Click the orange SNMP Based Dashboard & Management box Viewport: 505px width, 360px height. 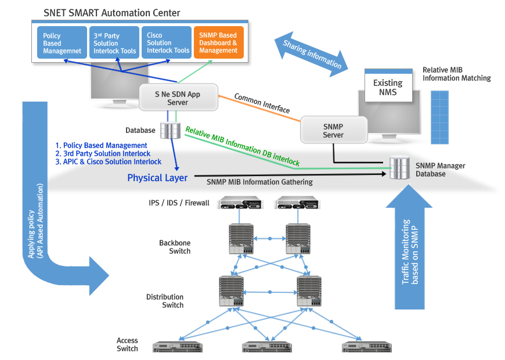pyautogui.click(x=218, y=42)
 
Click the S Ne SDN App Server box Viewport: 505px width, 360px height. pyautogui.click(x=178, y=97)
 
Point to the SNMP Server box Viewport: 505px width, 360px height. pyautogui.click(x=333, y=130)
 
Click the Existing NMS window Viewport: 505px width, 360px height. pyautogui.click(x=388, y=87)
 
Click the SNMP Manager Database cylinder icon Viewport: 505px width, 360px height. pyautogui.click(x=398, y=168)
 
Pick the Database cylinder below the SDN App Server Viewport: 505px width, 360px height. pyautogui.click(x=171, y=129)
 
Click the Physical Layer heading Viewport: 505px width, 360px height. pyautogui.click(x=157, y=178)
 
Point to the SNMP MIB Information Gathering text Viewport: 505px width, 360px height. pyautogui.click(x=259, y=182)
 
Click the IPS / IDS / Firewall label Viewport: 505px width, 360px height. pyautogui.click(x=179, y=203)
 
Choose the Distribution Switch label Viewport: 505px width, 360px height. pyautogui.click(x=165, y=301)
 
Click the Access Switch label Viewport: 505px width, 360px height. pyautogui.click(x=127, y=345)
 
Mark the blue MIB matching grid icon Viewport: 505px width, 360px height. pyautogui.click(x=439, y=116)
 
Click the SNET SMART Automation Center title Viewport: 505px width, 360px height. pyautogui.click(x=112, y=13)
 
